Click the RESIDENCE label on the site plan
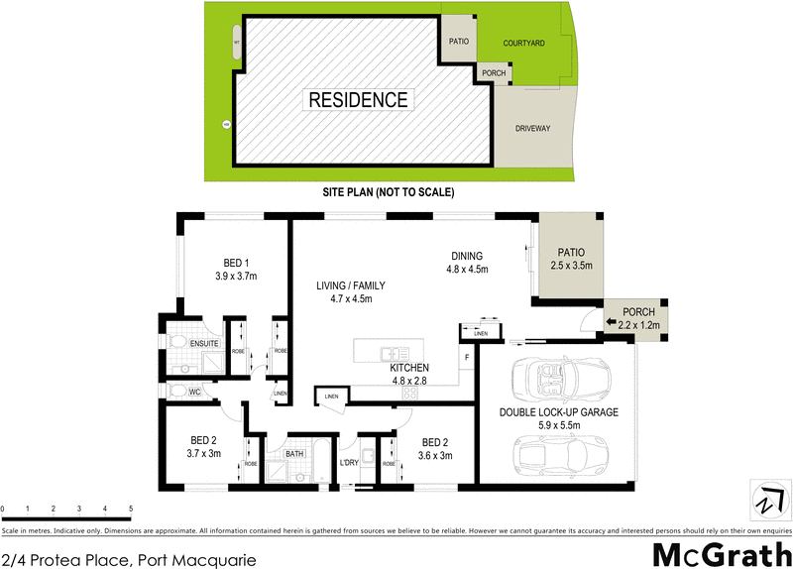point(358,99)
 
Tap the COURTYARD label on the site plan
point(522,44)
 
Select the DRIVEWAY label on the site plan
point(532,129)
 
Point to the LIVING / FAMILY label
point(344,285)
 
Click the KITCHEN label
point(409,367)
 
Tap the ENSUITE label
point(203,344)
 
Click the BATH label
point(294,454)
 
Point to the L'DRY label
point(348,463)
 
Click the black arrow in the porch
point(612,321)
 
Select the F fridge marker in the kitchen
point(466,357)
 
